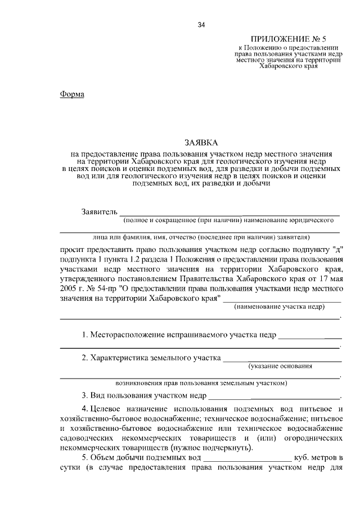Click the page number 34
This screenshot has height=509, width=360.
201,25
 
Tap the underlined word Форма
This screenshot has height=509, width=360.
72,94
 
